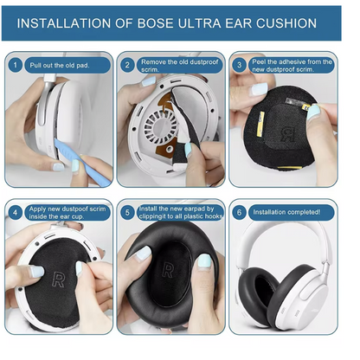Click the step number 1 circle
pos(16,64)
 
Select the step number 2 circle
pos(127,64)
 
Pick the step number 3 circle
pos(239,64)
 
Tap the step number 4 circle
pos(16,211)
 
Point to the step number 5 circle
pos(127,211)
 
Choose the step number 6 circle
pos(239,211)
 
